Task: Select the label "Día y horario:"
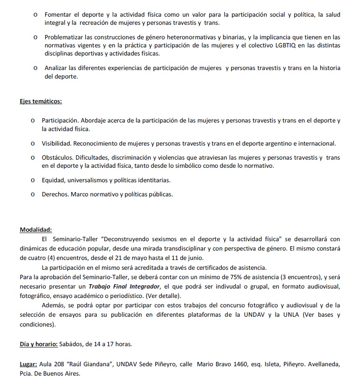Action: point(38,344)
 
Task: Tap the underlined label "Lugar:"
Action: point(29,365)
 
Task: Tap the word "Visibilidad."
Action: point(58,143)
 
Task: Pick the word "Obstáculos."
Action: point(58,157)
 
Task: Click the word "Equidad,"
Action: point(53,180)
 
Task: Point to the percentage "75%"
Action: point(232,277)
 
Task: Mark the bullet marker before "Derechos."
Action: point(33,194)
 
